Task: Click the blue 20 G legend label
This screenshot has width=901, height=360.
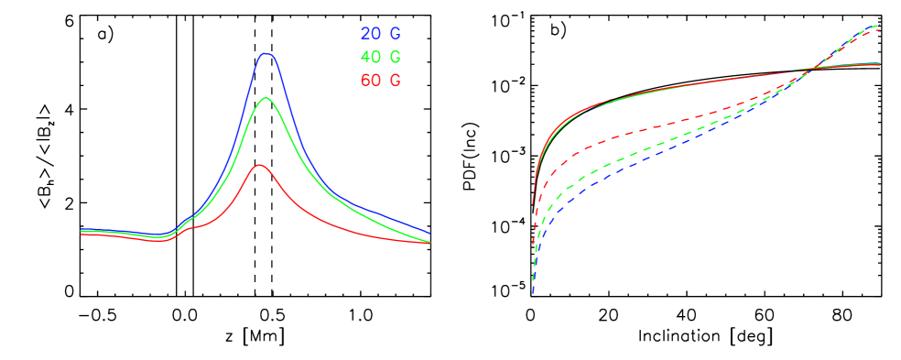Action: (380, 34)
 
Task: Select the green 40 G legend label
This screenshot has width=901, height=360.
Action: (380, 57)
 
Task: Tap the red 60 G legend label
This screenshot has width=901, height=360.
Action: (380, 80)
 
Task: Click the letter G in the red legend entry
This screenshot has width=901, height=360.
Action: (395, 80)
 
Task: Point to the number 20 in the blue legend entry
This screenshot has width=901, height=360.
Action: (371, 34)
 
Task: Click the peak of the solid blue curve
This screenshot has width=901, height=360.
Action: (266, 53)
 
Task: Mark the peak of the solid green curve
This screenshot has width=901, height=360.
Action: (266, 97)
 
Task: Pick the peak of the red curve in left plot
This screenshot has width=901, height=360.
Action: (259, 165)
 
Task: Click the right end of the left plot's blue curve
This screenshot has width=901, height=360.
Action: (429, 234)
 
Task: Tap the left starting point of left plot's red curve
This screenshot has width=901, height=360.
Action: (81, 235)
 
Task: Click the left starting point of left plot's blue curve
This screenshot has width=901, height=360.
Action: (81, 229)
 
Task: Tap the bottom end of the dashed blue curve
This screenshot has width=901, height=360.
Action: (533, 293)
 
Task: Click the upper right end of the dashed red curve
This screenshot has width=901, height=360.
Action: (879, 30)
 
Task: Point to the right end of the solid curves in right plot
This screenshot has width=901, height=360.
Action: (879, 63)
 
